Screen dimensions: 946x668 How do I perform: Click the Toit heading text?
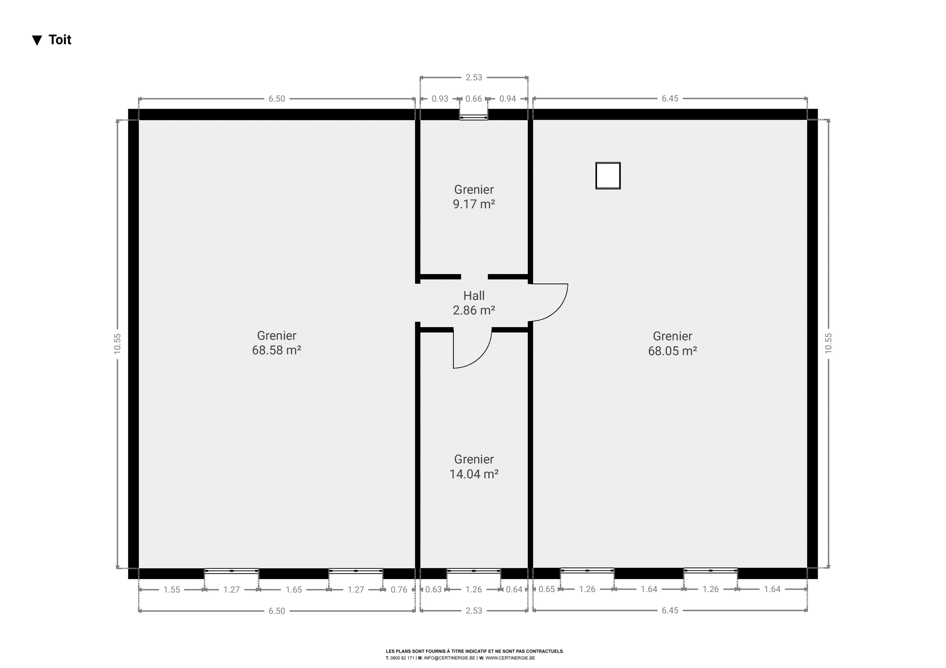(x=60, y=40)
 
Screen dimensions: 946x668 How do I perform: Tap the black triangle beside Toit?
(x=37, y=40)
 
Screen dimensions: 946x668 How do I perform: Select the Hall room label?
(x=474, y=296)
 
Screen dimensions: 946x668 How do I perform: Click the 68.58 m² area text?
(x=276, y=350)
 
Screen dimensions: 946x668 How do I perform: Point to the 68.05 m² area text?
(x=673, y=350)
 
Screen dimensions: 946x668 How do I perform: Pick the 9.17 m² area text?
(x=474, y=204)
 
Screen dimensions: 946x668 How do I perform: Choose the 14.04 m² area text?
(x=474, y=474)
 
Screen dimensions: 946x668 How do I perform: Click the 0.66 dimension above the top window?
(x=473, y=99)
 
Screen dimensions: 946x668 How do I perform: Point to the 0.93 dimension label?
(x=440, y=99)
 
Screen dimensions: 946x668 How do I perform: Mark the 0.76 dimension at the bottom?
(x=399, y=590)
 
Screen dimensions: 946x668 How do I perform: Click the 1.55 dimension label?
(x=172, y=590)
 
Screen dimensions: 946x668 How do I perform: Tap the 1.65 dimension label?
(x=294, y=590)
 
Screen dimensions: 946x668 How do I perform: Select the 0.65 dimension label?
(x=547, y=589)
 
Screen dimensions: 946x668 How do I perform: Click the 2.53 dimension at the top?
(x=474, y=78)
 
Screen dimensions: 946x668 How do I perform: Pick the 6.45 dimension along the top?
(x=670, y=99)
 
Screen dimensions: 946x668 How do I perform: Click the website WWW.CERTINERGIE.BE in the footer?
(x=510, y=658)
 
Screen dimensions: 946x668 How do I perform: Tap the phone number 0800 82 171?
(x=402, y=658)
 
